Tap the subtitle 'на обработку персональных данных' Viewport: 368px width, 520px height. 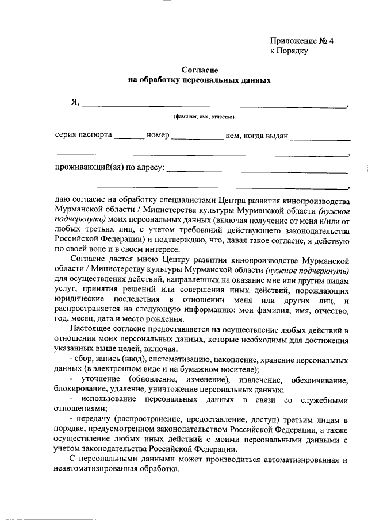(x=198, y=80)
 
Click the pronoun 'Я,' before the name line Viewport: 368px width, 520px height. (x=74, y=103)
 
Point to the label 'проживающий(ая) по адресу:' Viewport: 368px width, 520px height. (x=110, y=168)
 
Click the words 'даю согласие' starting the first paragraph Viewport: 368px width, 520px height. (x=79, y=200)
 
